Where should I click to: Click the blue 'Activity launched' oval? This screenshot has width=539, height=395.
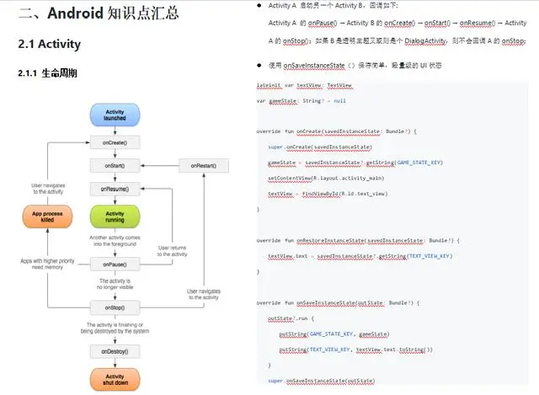click(115, 116)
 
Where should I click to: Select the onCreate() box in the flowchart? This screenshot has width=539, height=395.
click(115, 143)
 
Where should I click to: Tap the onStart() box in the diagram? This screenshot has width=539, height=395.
click(115, 166)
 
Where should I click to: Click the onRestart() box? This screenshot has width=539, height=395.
click(203, 166)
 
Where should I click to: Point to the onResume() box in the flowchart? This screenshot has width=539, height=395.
click(115, 189)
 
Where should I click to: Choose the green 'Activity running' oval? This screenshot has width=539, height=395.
click(115, 217)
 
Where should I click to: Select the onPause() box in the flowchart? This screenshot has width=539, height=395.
click(115, 264)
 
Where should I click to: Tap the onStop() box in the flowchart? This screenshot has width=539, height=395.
click(115, 307)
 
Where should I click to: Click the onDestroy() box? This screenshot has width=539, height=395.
click(115, 350)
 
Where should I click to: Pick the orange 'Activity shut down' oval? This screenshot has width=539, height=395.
click(115, 378)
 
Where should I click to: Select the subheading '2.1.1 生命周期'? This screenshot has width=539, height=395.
click(47, 74)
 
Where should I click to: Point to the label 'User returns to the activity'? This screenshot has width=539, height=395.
click(173, 251)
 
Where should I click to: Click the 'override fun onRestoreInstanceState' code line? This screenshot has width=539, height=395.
click(354, 240)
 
